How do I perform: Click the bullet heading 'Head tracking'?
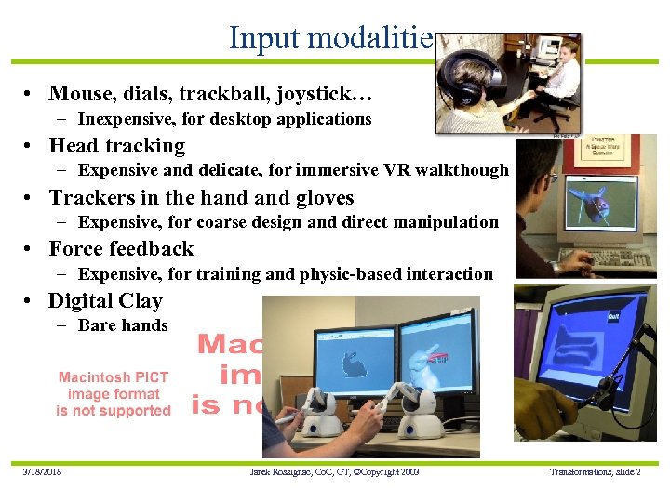[x=116, y=146]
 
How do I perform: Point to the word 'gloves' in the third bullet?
[x=325, y=198]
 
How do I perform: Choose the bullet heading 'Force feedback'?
[x=121, y=249]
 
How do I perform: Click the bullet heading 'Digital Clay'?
[x=105, y=301]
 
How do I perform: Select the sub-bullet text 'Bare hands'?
[x=123, y=325]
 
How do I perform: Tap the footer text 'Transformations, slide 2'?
[x=595, y=472]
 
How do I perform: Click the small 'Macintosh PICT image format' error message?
[x=114, y=393]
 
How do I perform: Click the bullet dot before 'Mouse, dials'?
[x=32, y=94]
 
